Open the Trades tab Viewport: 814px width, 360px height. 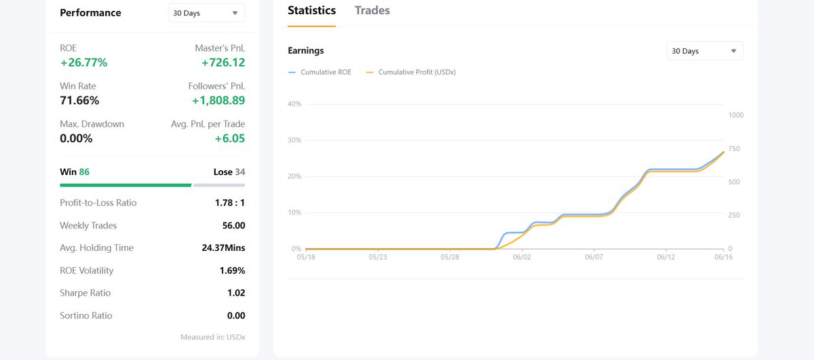coord(372,11)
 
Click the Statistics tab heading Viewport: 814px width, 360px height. coord(311,11)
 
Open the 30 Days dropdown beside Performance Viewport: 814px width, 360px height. coord(206,13)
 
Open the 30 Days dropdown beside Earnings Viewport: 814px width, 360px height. coord(705,51)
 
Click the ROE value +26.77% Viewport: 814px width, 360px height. coord(83,62)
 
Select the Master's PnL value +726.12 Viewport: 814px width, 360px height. coord(223,62)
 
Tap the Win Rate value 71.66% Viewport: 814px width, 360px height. coord(79,100)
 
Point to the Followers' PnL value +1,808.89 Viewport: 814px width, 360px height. coord(218,100)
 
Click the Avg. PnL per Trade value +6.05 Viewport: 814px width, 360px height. coord(230,138)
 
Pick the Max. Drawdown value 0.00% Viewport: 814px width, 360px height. coord(76,138)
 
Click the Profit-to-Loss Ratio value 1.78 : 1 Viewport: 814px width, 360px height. coord(230,203)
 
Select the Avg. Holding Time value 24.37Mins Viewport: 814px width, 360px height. coord(223,247)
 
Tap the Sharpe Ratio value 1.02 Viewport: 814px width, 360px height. coord(236,293)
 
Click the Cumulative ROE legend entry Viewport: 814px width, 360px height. coord(319,72)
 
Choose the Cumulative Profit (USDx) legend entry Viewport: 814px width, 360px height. coord(411,72)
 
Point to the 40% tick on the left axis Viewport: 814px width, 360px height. coord(294,104)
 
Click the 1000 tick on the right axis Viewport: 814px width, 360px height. coord(736,115)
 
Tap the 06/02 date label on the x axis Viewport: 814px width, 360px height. coord(522,257)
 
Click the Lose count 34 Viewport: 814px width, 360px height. coord(240,172)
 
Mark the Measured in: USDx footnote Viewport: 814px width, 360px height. coord(213,337)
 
